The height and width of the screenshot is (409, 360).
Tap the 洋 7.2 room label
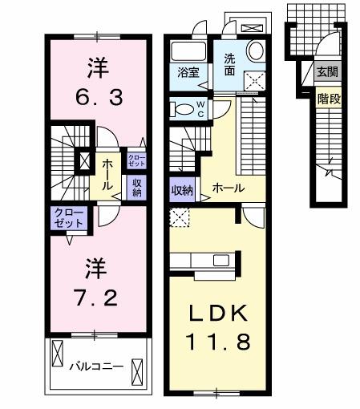pyautogui.click(x=96, y=282)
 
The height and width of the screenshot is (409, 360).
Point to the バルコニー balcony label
pyautogui.click(x=95, y=366)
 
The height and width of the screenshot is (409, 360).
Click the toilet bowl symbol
pyautogui.click(x=182, y=109)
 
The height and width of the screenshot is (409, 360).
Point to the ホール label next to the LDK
pyautogui.click(x=228, y=188)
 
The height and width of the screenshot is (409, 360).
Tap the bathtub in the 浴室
pyautogui.click(x=189, y=50)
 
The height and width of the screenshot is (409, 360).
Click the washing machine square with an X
pyautogui.click(x=256, y=79)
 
